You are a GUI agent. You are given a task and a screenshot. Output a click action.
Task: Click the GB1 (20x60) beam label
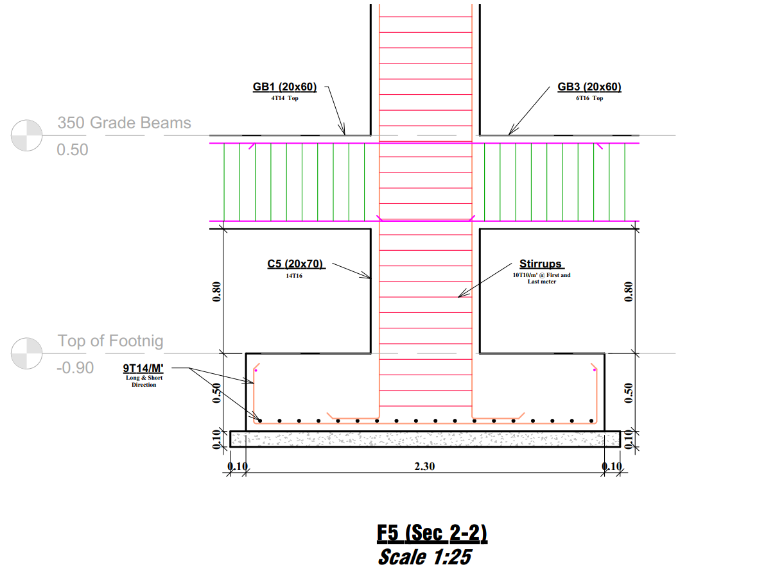tap(285, 87)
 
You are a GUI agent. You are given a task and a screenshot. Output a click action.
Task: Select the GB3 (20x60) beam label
tap(589, 87)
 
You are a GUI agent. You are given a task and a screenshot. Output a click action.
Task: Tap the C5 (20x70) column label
tap(295, 264)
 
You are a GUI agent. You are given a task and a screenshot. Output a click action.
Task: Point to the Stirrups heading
tap(541, 264)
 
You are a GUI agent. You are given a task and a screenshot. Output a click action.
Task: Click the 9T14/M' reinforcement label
tap(143, 368)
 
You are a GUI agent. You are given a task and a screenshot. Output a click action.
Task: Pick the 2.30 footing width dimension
tap(424, 466)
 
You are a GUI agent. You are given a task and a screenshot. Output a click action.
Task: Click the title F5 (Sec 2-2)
tap(432, 534)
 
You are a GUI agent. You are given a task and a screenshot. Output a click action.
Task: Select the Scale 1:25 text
tap(425, 557)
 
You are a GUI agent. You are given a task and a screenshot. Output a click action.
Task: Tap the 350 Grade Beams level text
tap(124, 122)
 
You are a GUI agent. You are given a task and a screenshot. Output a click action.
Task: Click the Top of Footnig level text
tap(110, 341)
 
